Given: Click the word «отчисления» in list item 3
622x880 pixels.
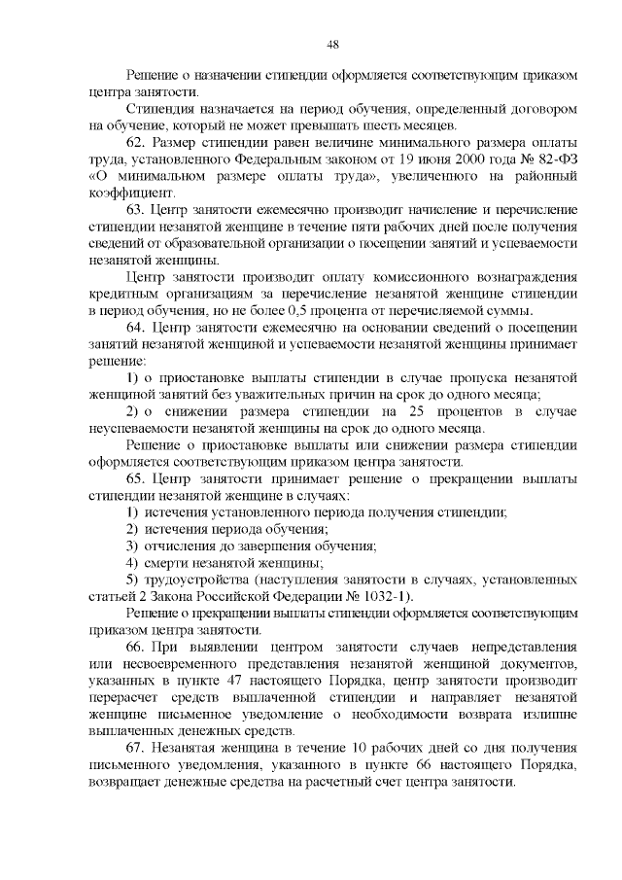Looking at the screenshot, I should pos(183,546).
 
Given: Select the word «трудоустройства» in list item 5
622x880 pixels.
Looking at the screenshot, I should pos(197,580).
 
